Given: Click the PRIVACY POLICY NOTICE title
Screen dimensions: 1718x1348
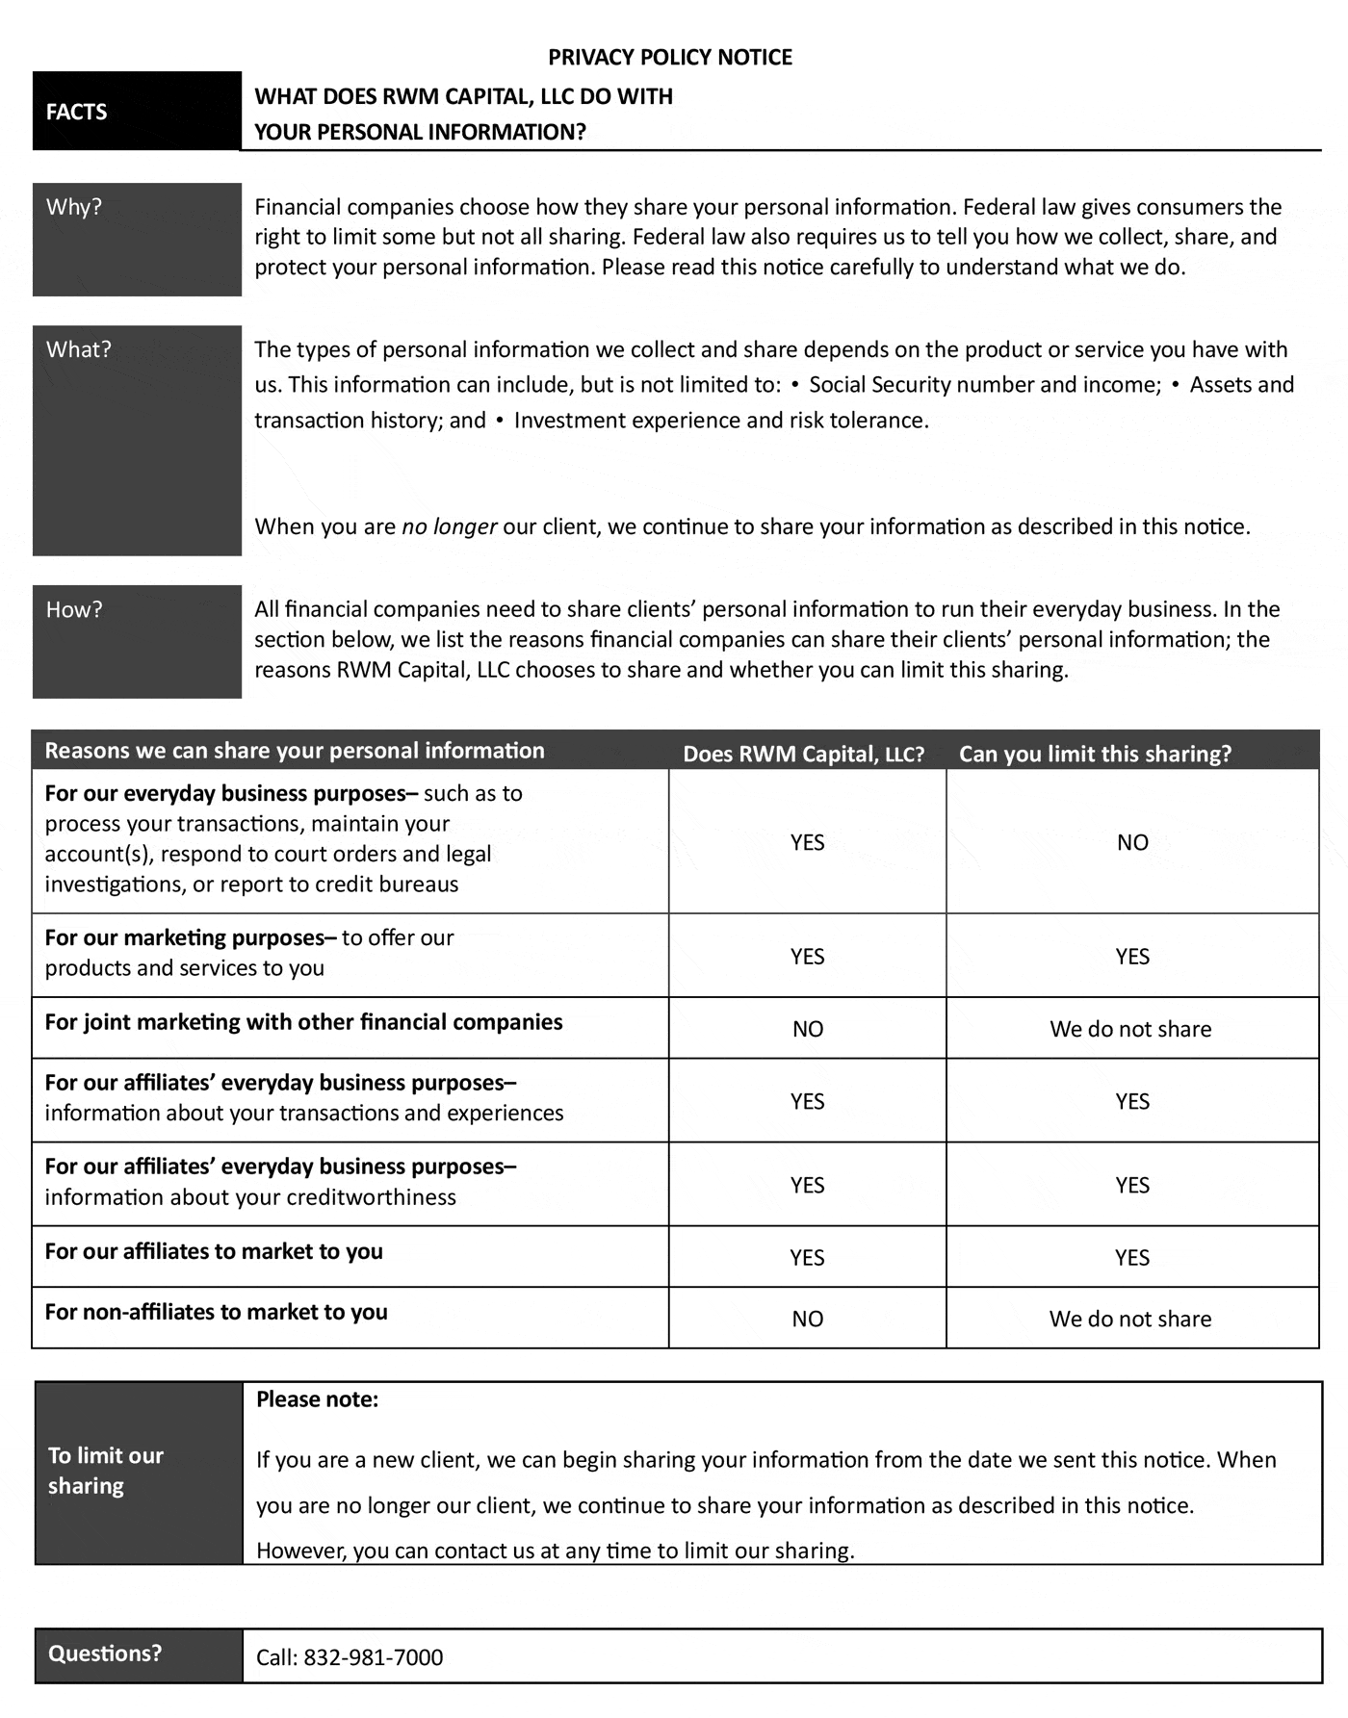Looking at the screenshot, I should tap(670, 58).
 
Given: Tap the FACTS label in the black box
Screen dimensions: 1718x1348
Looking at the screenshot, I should tap(76, 112).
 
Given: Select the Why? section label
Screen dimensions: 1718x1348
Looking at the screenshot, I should tap(74, 207).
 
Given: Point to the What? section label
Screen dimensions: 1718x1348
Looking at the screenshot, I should tap(79, 349).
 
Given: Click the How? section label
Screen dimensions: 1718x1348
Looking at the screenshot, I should tap(74, 609).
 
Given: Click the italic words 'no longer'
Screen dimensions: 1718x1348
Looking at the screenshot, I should tap(449, 526).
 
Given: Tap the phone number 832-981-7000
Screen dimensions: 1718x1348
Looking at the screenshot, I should tap(374, 1657).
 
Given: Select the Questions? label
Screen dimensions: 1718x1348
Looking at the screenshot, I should tap(105, 1654).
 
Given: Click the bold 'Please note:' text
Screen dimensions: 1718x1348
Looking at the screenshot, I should tap(318, 1399).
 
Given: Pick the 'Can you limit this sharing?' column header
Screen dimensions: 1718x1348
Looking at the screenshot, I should tap(1095, 754).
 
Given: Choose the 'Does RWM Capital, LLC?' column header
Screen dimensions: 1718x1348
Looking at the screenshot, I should tap(803, 754).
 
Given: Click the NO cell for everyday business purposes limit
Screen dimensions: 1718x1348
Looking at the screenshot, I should tap(1132, 842).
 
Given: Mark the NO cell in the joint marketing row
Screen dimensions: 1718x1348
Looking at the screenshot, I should tap(808, 1029).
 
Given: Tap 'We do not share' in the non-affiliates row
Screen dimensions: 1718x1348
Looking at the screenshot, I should tap(1130, 1319).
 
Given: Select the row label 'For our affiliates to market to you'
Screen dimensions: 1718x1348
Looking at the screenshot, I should tap(214, 1251).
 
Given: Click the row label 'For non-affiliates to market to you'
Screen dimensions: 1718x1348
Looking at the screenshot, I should tap(216, 1312).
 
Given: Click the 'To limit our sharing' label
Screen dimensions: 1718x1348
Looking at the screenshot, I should tap(105, 1471).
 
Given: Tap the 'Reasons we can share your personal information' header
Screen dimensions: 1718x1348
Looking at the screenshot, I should tap(295, 751).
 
